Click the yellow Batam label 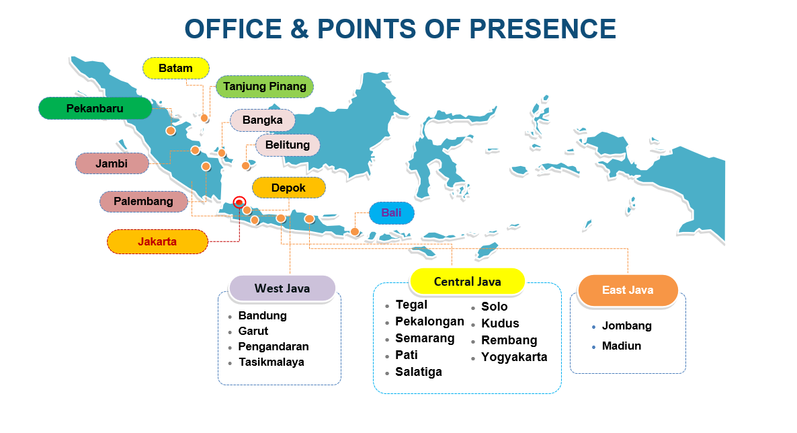pyautogui.click(x=176, y=68)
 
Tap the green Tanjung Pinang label pyautogui.click(x=264, y=87)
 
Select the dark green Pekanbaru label pyautogui.click(x=95, y=108)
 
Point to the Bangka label pyautogui.click(x=262, y=120)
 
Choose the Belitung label pyautogui.click(x=288, y=145)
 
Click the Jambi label pyautogui.click(x=112, y=164)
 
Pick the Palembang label pyautogui.click(x=143, y=202)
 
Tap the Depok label pyautogui.click(x=289, y=188)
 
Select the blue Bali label pyautogui.click(x=391, y=212)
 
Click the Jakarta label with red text pyautogui.click(x=157, y=241)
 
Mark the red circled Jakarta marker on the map pyautogui.click(x=239, y=202)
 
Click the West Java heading pyautogui.click(x=282, y=288)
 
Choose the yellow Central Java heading pyautogui.click(x=467, y=281)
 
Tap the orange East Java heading pyautogui.click(x=628, y=290)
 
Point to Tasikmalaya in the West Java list pyautogui.click(x=271, y=362)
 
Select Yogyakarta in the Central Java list pyautogui.click(x=514, y=357)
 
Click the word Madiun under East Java pyautogui.click(x=621, y=346)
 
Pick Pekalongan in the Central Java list pyautogui.click(x=429, y=321)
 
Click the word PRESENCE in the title pyautogui.click(x=542, y=28)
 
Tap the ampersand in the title pyautogui.click(x=300, y=28)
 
